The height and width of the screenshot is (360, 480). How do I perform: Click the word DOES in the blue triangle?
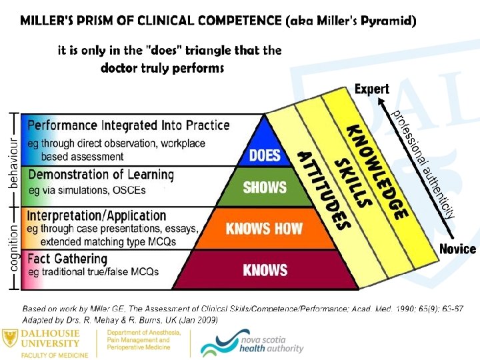[x=265, y=156]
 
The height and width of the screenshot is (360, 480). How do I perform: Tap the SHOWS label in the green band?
[x=265, y=187]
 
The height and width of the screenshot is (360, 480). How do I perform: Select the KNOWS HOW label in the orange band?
[x=265, y=229]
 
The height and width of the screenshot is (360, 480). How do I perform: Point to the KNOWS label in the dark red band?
[x=265, y=270]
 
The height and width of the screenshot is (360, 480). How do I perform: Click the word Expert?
[x=372, y=89]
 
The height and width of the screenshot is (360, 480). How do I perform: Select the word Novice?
[x=457, y=249]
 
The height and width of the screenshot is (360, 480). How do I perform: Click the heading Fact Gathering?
[x=67, y=259]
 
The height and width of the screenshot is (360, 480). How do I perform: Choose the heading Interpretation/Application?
[x=97, y=215]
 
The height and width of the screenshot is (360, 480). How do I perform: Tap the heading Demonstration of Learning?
[x=101, y=175]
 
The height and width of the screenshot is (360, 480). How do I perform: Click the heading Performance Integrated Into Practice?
[x=129, y=125]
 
